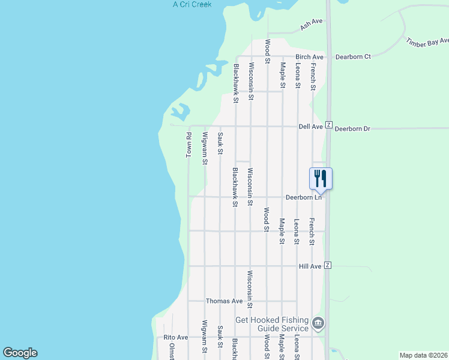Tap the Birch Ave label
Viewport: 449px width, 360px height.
[x=309, y=57]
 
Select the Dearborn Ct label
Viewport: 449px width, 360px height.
[x=353, y=56]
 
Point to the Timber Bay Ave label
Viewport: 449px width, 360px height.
[x=427, y=43]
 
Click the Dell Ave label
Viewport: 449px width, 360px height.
[x=311, y=127]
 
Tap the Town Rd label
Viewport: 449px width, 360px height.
[x=188, y=145]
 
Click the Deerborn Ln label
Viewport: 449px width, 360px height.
[x=304, y=197]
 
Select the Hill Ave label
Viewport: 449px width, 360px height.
[x=310, y=266]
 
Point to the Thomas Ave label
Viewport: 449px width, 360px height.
[x=224, y=301]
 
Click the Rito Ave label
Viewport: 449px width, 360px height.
[x=176, y=338]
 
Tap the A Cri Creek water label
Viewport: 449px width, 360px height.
[x=193, y=4]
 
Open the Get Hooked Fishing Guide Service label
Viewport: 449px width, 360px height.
[x=272, y=324]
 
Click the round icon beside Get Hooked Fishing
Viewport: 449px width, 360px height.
[x=318, y=324]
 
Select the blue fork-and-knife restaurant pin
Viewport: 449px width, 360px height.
[x=320, y=178]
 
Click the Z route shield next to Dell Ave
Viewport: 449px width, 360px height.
[x=329, y=125]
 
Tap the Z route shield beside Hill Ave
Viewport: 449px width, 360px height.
[x=328, y=265]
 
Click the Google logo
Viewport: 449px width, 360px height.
[x=20, y=353]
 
